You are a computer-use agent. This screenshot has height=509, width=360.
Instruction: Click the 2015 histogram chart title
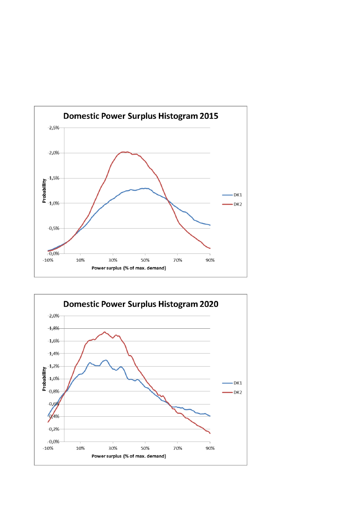click(141, 116)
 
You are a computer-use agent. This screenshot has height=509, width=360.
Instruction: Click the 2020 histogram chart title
click(141, 304)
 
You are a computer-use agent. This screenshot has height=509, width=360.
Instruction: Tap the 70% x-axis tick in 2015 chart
click(178, 260)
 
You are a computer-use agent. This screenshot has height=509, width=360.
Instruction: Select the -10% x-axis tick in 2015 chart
click(48, 260)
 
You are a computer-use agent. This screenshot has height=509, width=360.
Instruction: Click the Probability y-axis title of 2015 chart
click(44, 191)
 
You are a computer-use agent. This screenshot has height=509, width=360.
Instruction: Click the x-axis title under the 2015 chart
click(129, 268)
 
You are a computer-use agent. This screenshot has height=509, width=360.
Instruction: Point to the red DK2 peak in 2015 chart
click(123, 152)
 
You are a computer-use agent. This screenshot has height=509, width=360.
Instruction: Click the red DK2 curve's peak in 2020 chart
click(105, 332)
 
